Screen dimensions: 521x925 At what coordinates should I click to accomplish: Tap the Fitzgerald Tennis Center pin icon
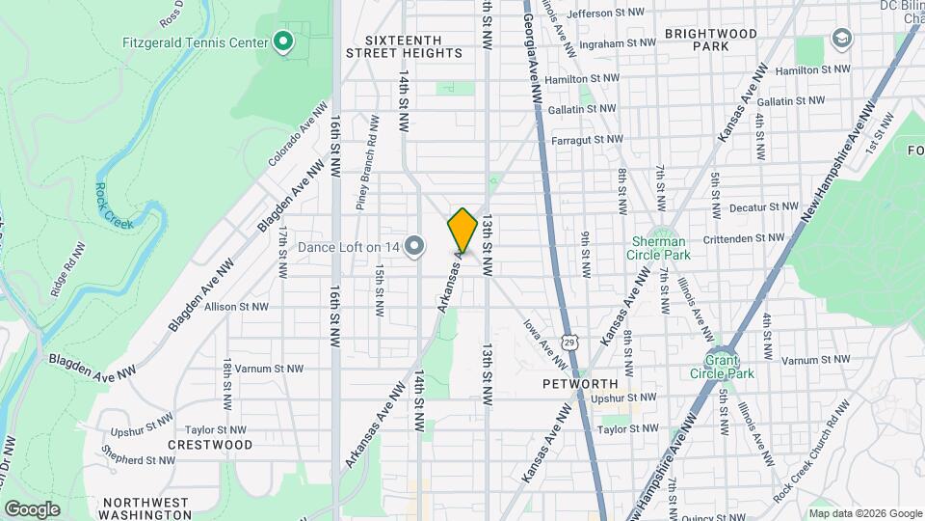(x=282, y=41)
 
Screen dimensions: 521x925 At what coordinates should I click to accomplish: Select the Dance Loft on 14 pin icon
(x=414, y=247)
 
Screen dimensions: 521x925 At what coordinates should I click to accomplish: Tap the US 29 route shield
(x=571, y=342)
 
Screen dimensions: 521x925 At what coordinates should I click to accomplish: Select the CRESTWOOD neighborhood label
(x=210, y=445)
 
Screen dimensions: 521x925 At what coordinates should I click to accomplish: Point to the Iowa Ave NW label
(x=545, y=344)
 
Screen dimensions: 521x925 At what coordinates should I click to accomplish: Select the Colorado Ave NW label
(x=293, y=138)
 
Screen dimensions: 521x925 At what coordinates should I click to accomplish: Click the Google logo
(x=32, y=508)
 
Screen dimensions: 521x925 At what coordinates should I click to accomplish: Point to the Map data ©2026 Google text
(x=864, y=512)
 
